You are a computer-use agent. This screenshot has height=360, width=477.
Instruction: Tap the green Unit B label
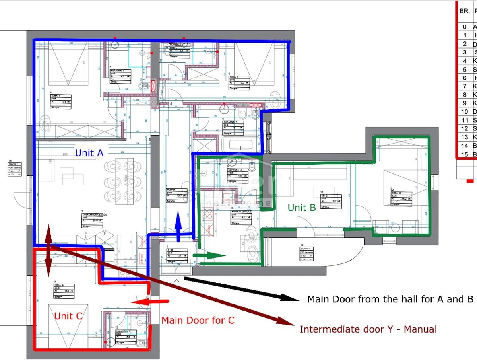(302, 207)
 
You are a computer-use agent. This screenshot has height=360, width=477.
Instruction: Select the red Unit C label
(68, 316)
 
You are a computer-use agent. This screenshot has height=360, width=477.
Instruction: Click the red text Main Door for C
(198, 320)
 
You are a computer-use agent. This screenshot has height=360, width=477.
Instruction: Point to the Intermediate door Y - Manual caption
(368, 329)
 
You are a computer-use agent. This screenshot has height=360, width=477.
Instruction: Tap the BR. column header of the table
(464, 11)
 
